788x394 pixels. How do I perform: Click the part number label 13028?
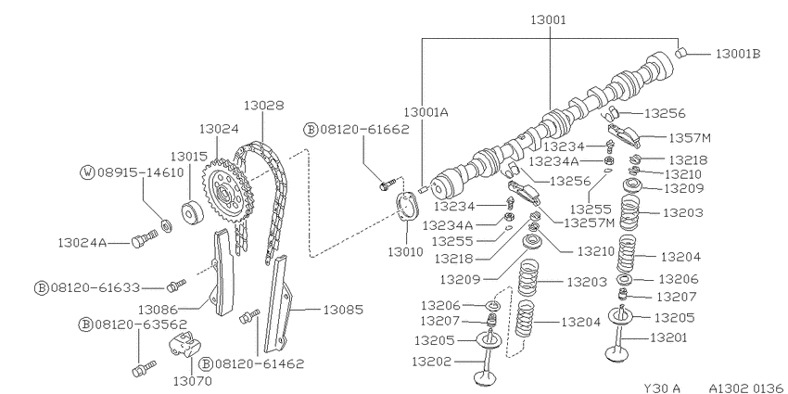pos(263,106)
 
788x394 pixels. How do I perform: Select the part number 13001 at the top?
pos(548,20)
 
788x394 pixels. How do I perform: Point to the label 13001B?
pos(738,54)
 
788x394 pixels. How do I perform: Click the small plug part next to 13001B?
pos(681,52)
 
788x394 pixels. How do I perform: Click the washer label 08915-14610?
pos(141,172)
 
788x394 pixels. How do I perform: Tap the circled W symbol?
pos(87,172)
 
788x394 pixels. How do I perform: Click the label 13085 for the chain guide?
pos(342,310)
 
